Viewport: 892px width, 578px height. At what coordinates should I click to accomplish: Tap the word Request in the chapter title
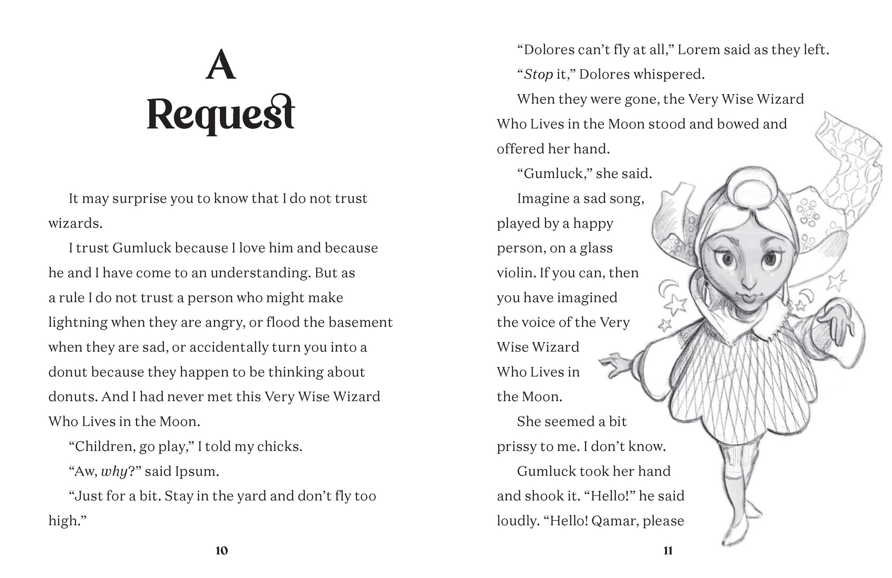(221, 114)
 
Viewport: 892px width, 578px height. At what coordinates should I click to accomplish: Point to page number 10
(221, 551)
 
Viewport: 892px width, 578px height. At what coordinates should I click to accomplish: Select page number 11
(668, 551)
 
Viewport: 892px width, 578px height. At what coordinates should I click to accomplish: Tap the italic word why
(114, 471)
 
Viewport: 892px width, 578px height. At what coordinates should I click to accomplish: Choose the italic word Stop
(538, 74)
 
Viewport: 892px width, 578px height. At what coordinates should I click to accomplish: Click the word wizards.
(75, 223)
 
